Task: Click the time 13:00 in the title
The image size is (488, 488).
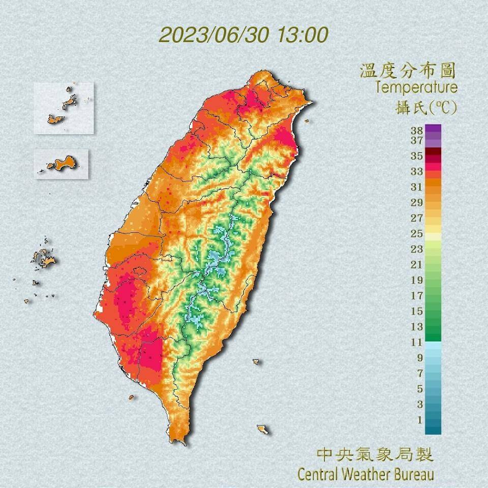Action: click(x=302, y=35)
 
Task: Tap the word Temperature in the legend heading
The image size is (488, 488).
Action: click(x=416, y=87)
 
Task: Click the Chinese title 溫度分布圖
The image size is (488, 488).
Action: click(x=407, y=70)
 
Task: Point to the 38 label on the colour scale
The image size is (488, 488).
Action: click(x=416, y=130)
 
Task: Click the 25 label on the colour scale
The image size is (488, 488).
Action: click(x=416, y=233)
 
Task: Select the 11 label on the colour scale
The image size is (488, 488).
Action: click(x=416, y=342)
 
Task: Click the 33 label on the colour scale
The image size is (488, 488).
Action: click(x=416, y=171)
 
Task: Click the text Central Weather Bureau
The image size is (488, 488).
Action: click(x=365, y=474)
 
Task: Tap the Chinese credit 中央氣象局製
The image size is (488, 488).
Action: click(x=375, y=454)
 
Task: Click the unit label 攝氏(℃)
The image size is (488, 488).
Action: click(x=426, y=107)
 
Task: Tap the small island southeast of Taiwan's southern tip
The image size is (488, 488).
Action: click(x=262, y=430)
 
